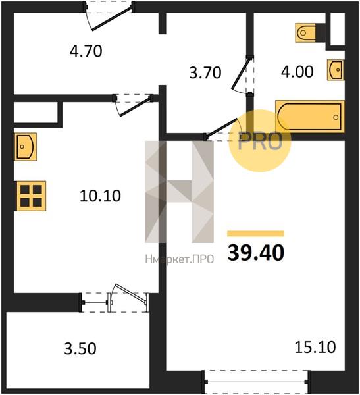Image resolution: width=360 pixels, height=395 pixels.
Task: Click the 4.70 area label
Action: (x=86, y=51)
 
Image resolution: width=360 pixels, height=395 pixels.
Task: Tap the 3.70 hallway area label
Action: (x=205, y=73)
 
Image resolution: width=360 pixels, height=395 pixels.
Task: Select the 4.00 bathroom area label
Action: (x=297, y=72)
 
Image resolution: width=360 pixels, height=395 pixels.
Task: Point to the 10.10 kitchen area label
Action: (x=100, y=196)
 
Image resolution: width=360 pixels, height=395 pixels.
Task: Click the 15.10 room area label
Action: (x=315, y=347)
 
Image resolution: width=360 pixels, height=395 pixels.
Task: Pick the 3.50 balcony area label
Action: (x=80, y=349)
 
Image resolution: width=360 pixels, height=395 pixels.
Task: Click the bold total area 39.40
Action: (x=256, y=253)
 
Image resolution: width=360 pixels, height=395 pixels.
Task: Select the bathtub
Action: (x=310, y=117)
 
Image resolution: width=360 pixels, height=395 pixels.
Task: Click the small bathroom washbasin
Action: (x=336, y=70)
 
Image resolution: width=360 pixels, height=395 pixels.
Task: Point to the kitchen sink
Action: (x=26, y=147)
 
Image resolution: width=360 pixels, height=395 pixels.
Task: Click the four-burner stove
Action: (x=31, y=196)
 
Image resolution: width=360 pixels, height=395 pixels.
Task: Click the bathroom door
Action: (x=242, y=75)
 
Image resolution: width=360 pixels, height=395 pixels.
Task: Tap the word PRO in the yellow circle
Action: (x=260, y=142)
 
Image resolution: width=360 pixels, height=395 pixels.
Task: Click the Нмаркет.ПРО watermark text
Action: (x=180, y=259)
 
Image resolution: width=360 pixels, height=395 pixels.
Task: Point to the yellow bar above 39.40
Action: (x=256, y=234)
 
